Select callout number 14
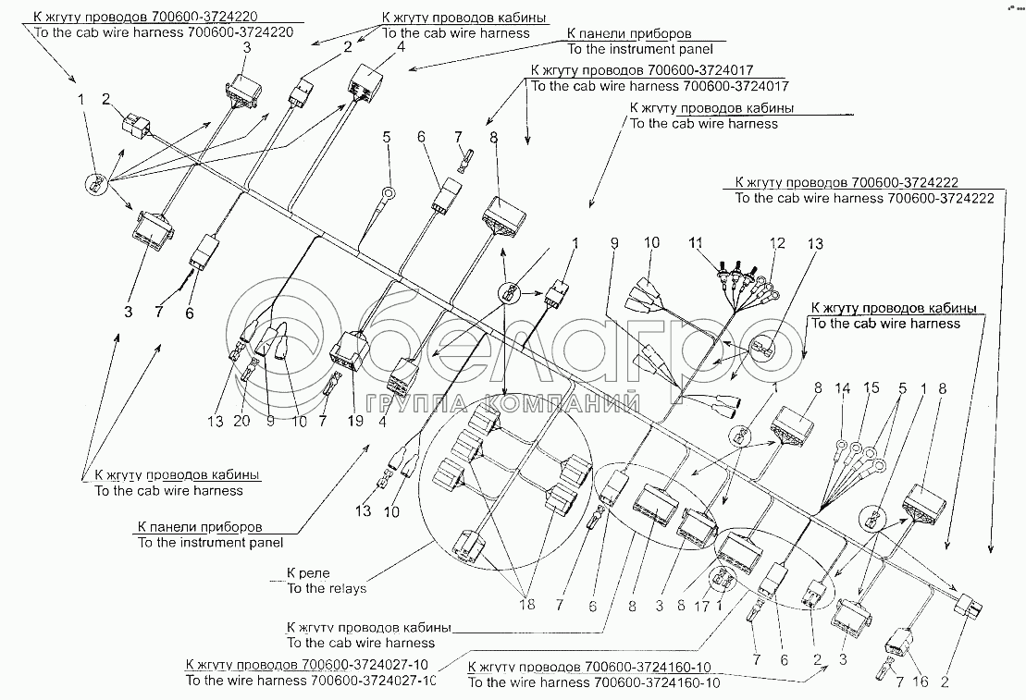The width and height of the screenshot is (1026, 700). point(840,389)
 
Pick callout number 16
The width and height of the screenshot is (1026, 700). point(921,683)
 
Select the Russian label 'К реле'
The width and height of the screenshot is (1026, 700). point(308,573)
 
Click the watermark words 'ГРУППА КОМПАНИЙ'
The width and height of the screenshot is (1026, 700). point(503,404)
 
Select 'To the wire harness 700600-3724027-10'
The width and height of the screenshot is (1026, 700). point(310,681)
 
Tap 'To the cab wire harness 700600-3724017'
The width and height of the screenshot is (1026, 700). point(656,86)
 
